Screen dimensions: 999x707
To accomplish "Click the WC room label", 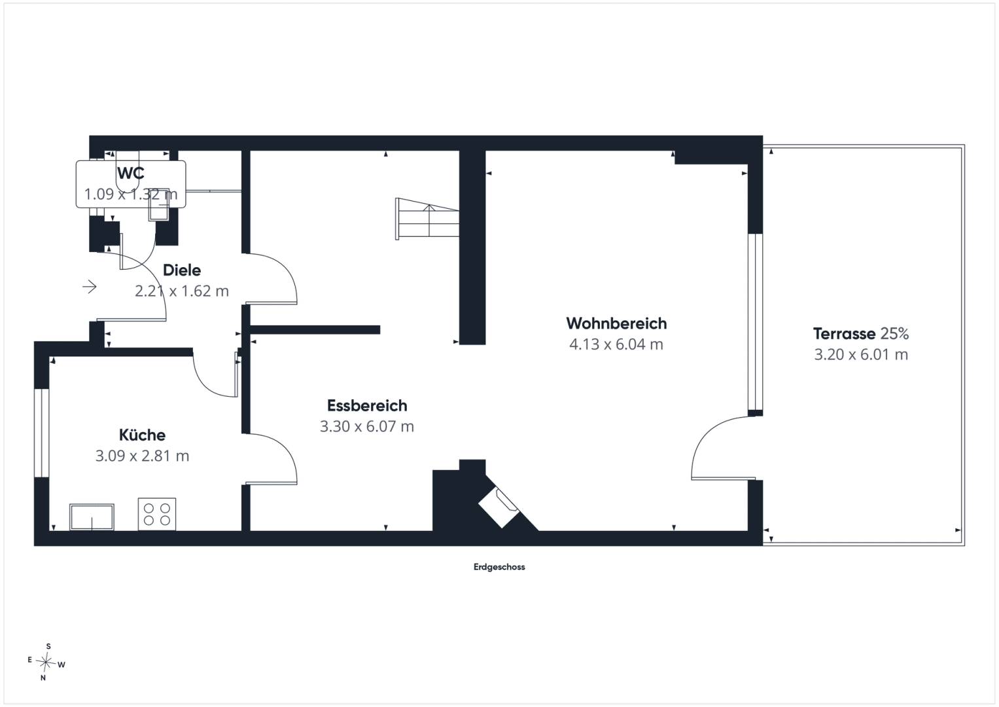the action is (131, 173).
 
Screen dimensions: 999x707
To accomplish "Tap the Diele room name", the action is (182, 270).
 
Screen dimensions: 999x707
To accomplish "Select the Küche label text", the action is (142, 435).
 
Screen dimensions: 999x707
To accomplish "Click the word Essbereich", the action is (367, 405).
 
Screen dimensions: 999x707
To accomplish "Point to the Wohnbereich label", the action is (616, 323).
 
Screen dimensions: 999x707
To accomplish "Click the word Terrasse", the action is (844, 333).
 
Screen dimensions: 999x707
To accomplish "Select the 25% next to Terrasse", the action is (894, 333).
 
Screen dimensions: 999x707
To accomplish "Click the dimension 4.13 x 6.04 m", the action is (616, 344).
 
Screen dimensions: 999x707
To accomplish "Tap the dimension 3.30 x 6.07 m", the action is (367, 426).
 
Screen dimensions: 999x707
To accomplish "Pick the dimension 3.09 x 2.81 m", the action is (142, 456).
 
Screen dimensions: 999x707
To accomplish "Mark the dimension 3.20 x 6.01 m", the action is (861, 354).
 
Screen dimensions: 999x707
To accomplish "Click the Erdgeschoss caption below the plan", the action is (499, 567).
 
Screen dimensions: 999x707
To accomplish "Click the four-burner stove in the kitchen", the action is (157, 514).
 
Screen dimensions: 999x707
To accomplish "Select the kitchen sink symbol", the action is (92, 517).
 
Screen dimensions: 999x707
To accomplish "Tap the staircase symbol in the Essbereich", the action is (427, 219).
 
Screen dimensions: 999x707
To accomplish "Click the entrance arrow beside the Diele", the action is (90, 287).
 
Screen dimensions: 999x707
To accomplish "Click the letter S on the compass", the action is (48, 646).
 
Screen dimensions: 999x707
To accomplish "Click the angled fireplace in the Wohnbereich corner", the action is (499, 508).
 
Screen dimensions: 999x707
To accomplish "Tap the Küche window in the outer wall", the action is (41, 433).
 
